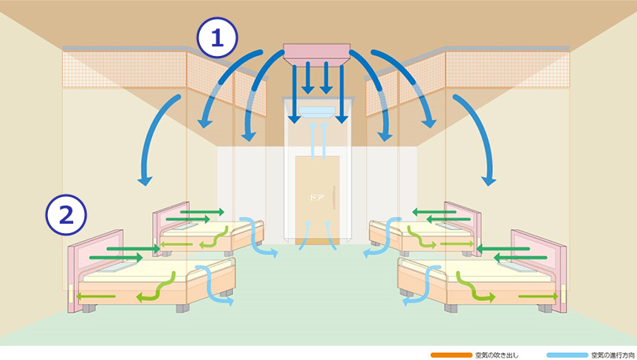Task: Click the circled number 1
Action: pos(218,38)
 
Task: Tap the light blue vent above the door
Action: pos(318,114)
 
